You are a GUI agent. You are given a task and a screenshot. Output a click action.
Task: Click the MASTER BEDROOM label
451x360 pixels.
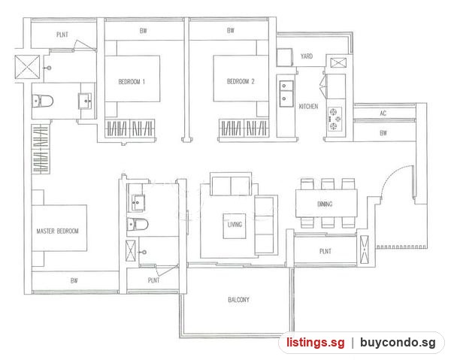[58, 231]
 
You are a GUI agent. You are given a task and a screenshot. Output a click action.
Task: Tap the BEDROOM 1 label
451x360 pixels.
[132, 82]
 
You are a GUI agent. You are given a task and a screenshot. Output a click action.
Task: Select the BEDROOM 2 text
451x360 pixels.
[241, 81]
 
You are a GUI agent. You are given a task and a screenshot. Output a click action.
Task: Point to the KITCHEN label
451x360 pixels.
[308, 107]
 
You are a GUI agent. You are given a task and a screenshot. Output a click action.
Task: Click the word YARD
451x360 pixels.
[307, 56]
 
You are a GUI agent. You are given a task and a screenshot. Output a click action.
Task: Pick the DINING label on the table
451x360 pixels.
[325, 204]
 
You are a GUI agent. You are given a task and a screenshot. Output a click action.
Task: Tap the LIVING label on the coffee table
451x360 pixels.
[235, 225]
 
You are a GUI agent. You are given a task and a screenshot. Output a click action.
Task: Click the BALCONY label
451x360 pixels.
[238, 300]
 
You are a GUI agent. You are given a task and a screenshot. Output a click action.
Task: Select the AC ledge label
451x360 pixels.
[383, 113]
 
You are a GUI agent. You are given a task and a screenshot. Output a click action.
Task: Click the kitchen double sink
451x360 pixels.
[287, 93]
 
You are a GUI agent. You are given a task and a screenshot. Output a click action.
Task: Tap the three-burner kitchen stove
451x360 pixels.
[335, 119]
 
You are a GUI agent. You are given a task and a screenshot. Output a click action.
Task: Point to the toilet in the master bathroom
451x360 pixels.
[43, 101]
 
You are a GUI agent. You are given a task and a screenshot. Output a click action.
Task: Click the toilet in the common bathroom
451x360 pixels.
[138, 224]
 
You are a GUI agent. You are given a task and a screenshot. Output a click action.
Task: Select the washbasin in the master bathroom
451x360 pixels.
[85, 101]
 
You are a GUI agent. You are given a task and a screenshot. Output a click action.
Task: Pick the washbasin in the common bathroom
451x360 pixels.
[138, 202]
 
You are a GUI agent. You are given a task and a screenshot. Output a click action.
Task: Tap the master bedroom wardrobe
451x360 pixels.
[41, 149]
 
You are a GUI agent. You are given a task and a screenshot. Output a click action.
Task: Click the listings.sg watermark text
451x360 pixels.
[315, 343]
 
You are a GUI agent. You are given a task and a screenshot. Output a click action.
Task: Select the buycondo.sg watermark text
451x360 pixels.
[398, 343]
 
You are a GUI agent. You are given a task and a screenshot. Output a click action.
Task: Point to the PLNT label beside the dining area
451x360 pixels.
[325, 251]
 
